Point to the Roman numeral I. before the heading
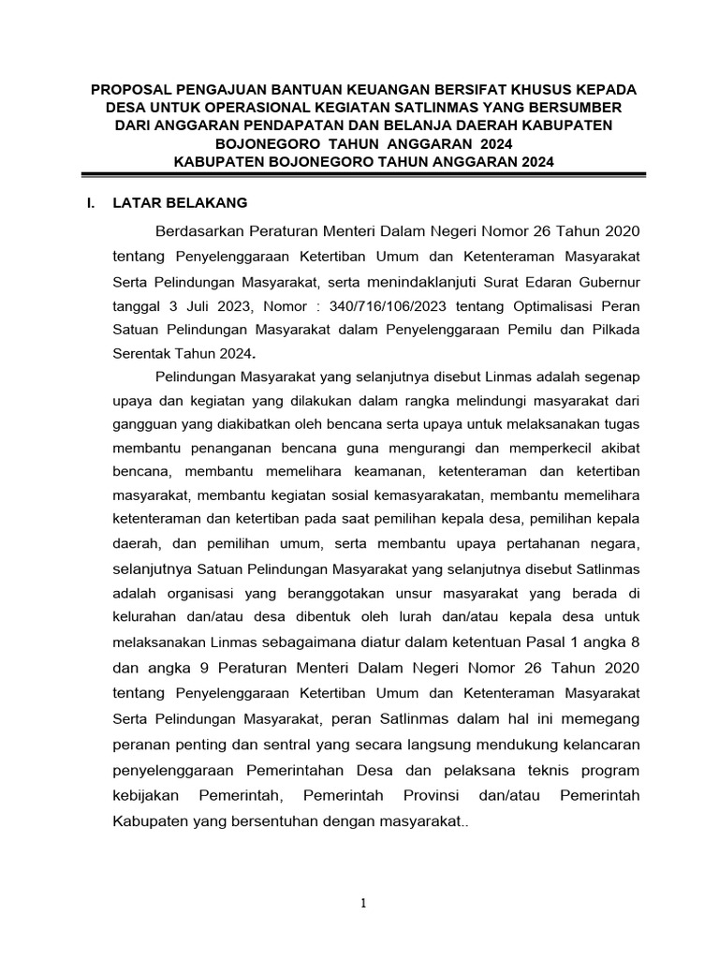coord(92,201)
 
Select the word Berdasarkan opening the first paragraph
coord(195,230)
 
